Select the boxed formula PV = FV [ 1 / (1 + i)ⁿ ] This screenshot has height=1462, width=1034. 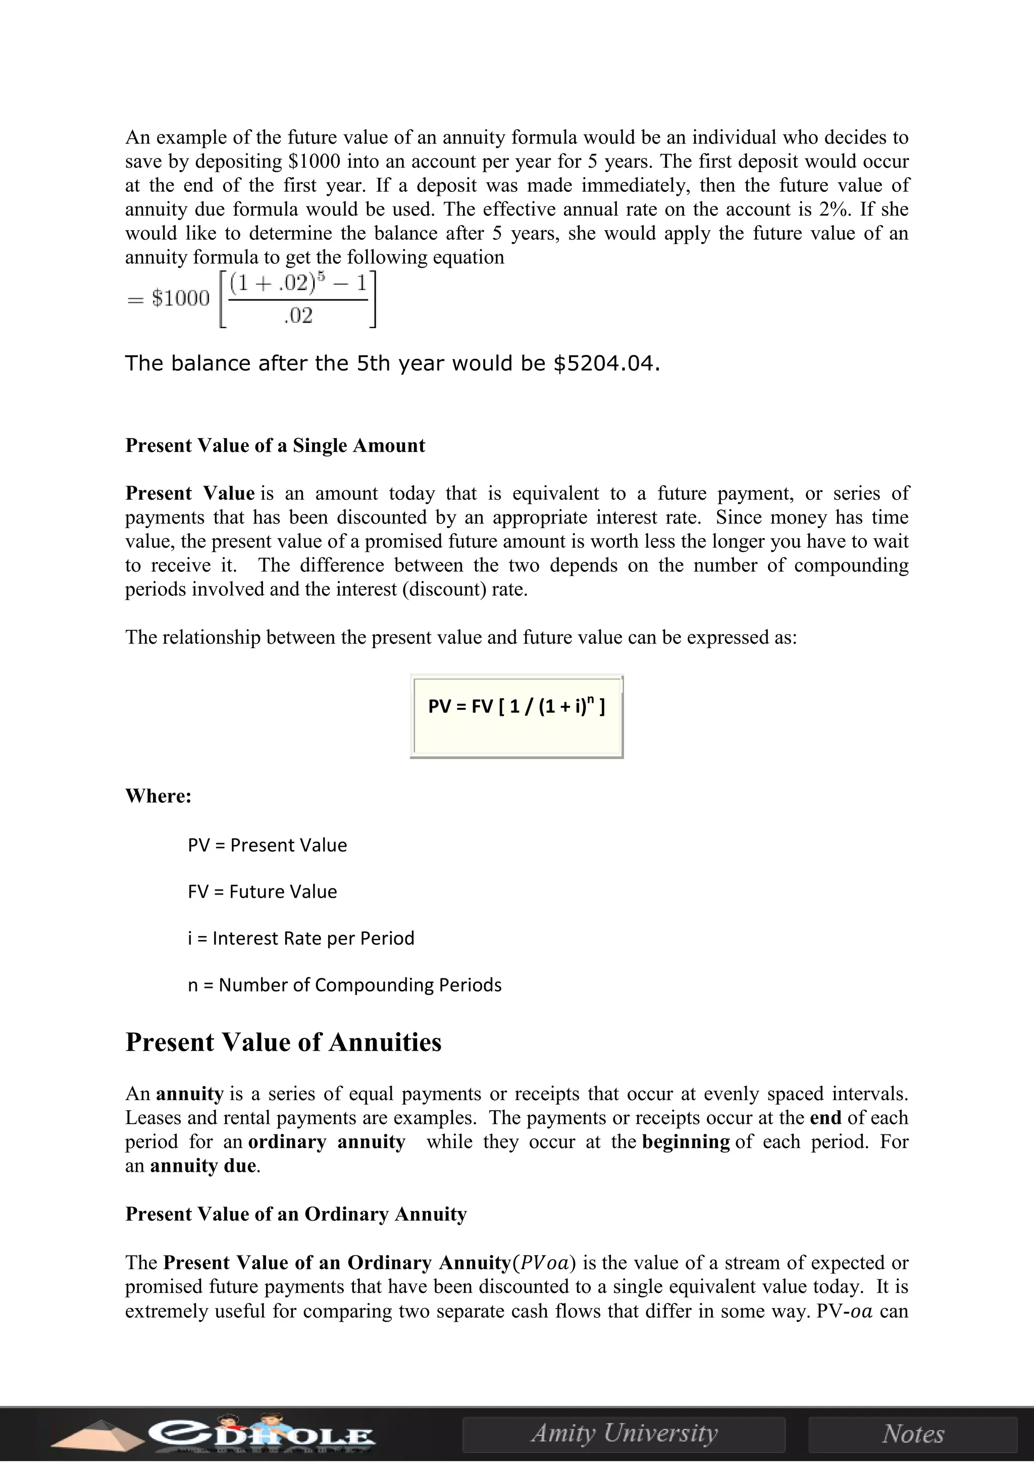pyautogui.click(x=516, y=707)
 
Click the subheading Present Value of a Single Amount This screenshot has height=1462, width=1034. pyautogui.click(x=275, y=446)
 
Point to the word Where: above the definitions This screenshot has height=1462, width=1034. pyautogui.click(x=159, y=797)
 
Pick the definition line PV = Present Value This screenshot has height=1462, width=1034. pyautogui.click(x=268, y=846)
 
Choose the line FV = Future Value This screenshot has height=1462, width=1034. pyautogui.click(x=263, y=892)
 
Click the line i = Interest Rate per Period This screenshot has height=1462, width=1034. pyautogui.click(x=300, y=938)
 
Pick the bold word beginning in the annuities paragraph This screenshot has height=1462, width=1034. pyautogui.click(x=686, y=1142)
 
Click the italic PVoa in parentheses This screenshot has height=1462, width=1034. pyautogui.click(x=544, y=1263)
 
